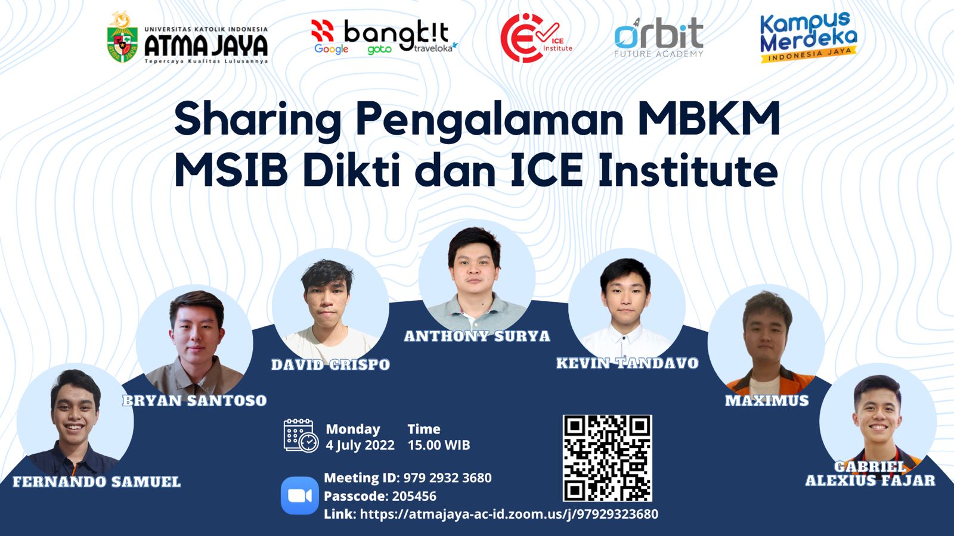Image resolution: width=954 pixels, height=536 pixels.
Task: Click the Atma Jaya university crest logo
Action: click(122, 38)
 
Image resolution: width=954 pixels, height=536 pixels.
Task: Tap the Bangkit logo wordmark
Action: click(384, 37)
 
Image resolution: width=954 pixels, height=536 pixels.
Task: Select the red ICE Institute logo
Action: click(536, 38)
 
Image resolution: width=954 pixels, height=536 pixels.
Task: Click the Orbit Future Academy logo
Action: click(658, 38)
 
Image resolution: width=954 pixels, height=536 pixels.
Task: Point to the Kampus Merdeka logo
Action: click(809, 38)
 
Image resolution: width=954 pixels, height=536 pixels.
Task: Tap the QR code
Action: click(608, 458)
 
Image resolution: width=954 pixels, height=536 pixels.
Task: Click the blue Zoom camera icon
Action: click(300, 496)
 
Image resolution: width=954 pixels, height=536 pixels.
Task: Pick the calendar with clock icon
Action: click(301, 435)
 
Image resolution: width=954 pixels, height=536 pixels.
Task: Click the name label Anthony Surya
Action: click(477, 336)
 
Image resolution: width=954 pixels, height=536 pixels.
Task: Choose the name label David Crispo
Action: click(330, 364)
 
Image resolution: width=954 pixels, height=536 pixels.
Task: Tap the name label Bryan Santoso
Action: click(194, 400)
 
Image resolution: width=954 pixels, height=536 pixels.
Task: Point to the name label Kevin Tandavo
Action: click(627, 363)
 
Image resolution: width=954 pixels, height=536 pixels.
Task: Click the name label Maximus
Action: click(767, 400)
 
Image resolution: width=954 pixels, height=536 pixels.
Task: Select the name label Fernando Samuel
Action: click(97, 482)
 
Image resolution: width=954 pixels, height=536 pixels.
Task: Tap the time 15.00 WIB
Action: click(439, 445)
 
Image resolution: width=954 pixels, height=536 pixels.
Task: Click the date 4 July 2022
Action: click(360, 445)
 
